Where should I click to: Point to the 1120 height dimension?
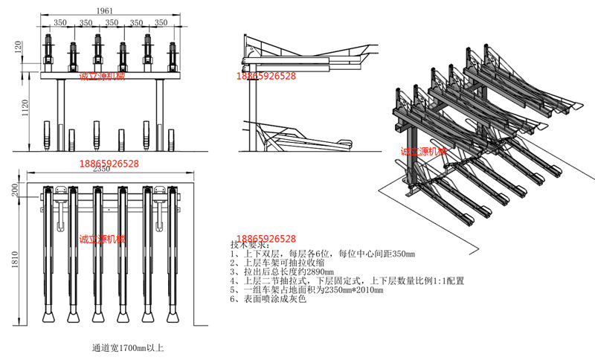click(x=25, y=109)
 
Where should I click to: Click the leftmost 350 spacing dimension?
click(x=60, y=23)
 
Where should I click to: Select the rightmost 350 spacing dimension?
click(x=162, y=23)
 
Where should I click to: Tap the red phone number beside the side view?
click(x=266, y=76)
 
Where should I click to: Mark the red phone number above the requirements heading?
click(x=266, y=239)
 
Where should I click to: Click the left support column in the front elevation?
click(x=58, y=112)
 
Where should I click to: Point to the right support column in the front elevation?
click(x=158, y=112)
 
